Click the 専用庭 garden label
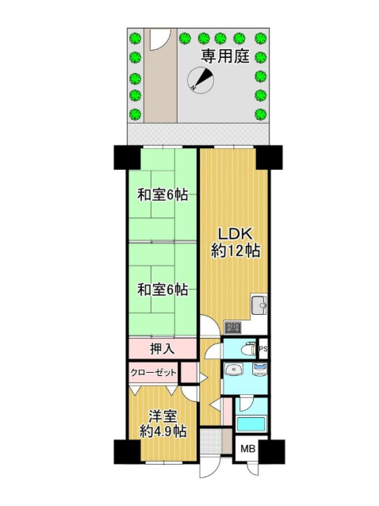225,57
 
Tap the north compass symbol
201,80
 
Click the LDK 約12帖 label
235,242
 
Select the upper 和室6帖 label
163,194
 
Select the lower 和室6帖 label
163,289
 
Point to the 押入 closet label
163,349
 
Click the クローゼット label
153,373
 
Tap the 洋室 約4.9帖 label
163,424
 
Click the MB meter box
248,449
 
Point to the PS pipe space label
263,349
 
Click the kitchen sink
258,305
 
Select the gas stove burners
232,328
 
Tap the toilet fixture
248,349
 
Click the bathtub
251,424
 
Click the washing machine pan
259,369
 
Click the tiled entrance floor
211,441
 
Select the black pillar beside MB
272,452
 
